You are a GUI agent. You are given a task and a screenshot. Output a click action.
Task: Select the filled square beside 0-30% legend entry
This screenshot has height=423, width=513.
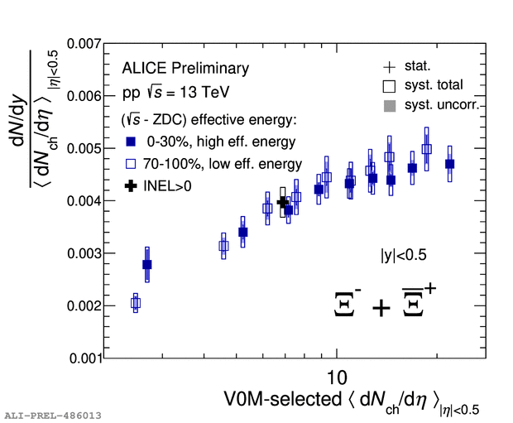click(x=131, y=142)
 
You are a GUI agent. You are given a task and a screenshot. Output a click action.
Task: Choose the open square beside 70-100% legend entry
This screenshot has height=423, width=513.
click(x=131, y=164)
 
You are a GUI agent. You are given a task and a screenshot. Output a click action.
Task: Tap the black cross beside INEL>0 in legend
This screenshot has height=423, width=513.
click(x=131, y=186)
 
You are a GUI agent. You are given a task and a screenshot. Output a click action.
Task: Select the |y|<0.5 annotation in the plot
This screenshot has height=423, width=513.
click(x=403, y=256)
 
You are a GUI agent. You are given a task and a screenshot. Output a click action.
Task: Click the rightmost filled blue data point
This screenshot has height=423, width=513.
click(x=450, y=164)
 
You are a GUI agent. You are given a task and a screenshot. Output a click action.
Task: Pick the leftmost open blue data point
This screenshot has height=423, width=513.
click(x=136, y=303)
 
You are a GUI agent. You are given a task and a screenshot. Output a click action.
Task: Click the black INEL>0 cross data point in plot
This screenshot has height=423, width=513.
click(x=282, y=201)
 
